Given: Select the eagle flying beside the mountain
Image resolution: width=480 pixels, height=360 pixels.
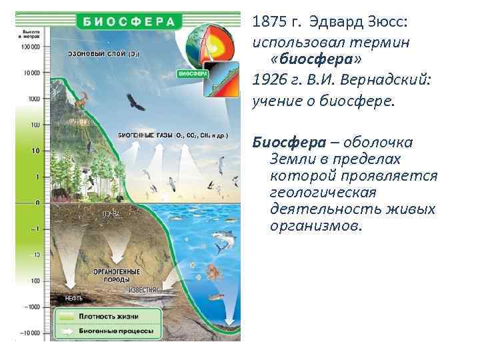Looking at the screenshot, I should click(137, 104).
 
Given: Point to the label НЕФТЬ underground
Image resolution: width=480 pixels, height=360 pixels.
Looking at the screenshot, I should click(73, 298).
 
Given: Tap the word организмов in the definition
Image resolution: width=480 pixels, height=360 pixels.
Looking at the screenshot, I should click(315, 226).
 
